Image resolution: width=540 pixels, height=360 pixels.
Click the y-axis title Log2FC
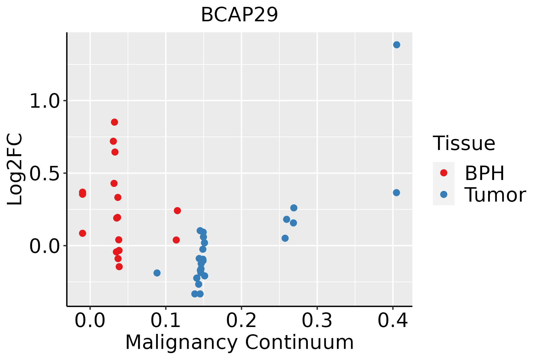pyautogui.click(x=15, y=169)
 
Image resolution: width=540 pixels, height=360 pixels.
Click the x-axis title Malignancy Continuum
pyautogui.click(x=239, y=343)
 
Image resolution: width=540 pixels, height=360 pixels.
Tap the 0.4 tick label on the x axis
pyautogui.click(x=392, y=320)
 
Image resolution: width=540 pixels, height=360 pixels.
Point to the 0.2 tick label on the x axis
pyautogui.click(x=241, y=320)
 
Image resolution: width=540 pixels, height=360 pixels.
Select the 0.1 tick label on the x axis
pyautogui.click(x=166, y=320)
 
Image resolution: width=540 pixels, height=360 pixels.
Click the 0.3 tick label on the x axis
pyautogui.click(x=317, y=320)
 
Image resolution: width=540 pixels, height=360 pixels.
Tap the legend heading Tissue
pyautogui.click(x=464, y=143)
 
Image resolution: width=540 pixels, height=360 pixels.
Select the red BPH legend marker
pyautogui.click(x=443, y=173)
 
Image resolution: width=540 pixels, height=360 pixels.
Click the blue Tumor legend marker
pyautogui.click(x=443, y=194)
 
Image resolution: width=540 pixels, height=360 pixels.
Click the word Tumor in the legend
pyautogui.click(x=495, y=195)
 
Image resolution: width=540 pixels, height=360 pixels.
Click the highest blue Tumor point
pyautogui.click(x=397, y=45)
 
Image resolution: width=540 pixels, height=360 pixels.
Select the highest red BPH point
pyautogui.click(x=114, y=122)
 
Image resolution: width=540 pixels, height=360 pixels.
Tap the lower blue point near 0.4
pyautogui.click(x=396, y=193)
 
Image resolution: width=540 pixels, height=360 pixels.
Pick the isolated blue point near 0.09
pyautogui.click(x=157, y=273)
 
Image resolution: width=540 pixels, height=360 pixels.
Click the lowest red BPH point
pyautogui.click(x=119, y=267)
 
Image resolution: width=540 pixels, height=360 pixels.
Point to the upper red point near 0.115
pyautogui.click(x=177, y=211)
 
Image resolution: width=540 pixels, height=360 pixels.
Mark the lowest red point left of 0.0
pyautogui.click(x=82, y=233)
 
